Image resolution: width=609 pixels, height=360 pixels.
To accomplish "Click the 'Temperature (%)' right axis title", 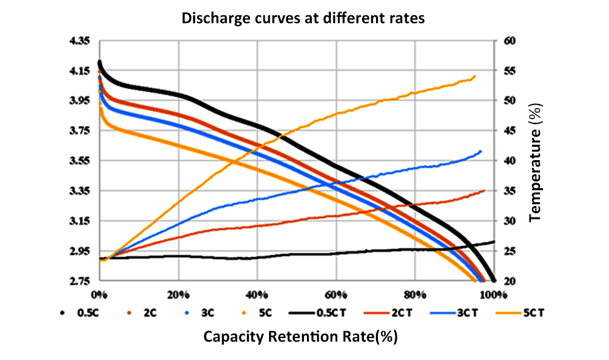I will [536, 161].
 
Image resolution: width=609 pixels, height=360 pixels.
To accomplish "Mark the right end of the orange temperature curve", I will [474, 76].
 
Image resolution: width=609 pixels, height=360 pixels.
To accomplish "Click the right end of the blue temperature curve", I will [481, 151].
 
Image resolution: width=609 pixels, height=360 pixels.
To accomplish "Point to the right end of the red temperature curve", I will [484, 190].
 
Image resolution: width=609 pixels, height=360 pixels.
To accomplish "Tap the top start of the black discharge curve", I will [99, 62].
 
